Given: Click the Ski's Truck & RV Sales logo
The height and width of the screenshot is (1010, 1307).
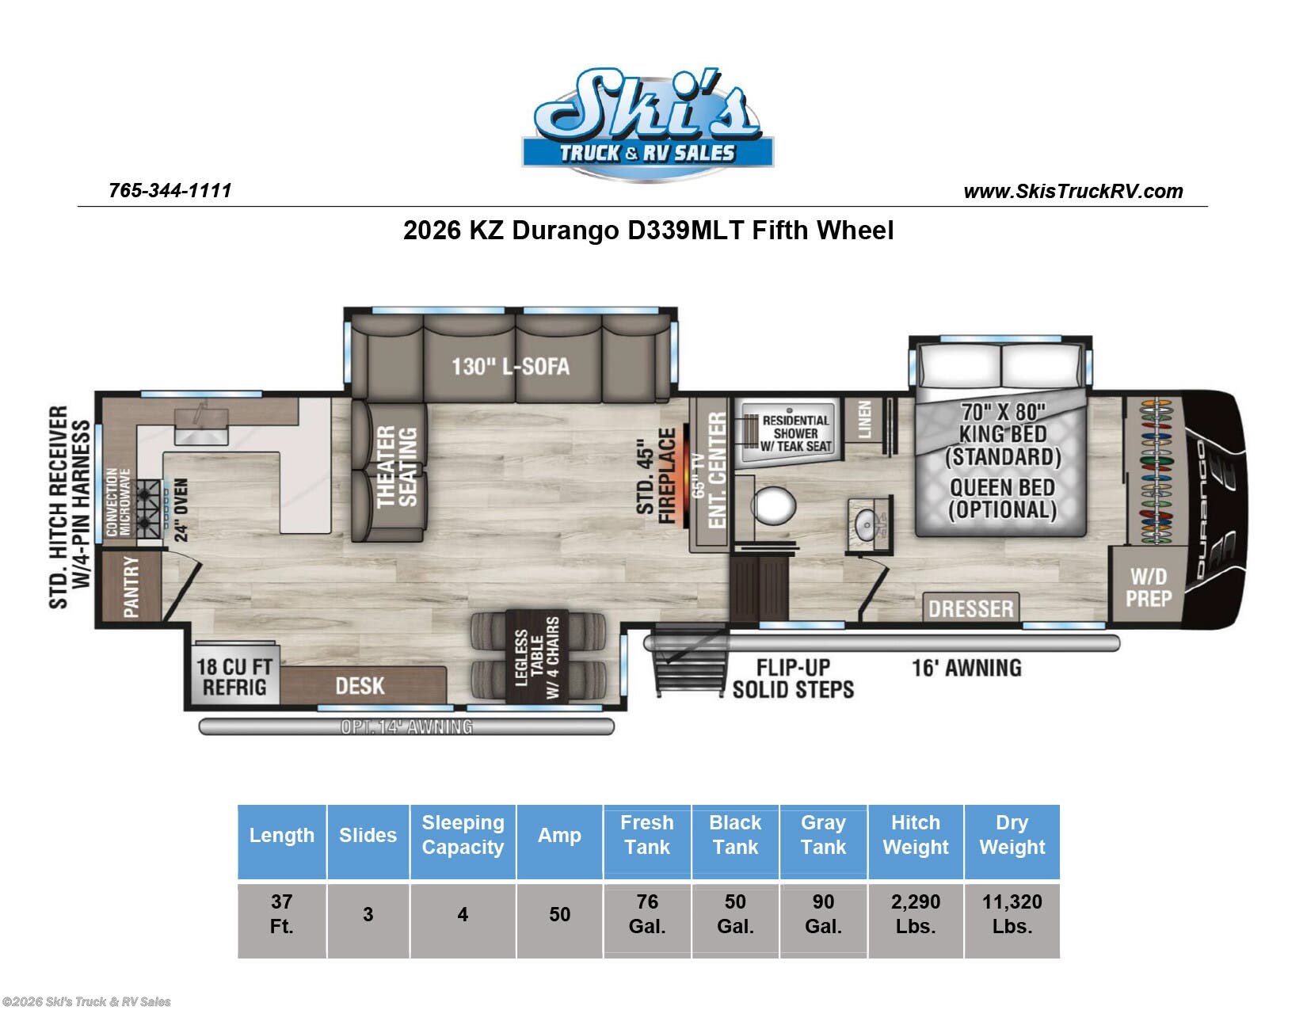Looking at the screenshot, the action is coord(648,124).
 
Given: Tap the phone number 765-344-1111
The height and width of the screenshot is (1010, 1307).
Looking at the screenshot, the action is coord(170,191).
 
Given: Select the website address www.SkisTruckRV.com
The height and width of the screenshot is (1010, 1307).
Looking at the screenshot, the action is coord(1073,191).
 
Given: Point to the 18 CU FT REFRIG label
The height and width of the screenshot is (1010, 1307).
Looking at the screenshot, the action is coord(234,677).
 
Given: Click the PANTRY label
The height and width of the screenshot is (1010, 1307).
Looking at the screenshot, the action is coord(131,586).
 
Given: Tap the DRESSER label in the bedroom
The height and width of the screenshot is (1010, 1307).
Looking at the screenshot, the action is coord(971,608).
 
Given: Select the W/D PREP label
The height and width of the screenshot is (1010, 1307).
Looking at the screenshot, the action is coord(1149,588).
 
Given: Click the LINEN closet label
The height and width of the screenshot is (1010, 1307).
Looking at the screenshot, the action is coord(864,419).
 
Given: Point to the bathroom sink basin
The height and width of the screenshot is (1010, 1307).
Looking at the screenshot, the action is coord(867,519).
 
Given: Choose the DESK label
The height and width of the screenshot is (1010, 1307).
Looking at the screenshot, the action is coord(360,686).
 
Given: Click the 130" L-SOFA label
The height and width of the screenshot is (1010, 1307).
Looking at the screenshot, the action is coord(510,366).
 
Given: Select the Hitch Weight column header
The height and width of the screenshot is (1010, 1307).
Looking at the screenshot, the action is coord(916,835).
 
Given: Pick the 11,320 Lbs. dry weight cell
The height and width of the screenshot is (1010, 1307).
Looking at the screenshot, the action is coord(1012,913).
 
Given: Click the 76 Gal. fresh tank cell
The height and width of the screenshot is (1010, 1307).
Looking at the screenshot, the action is coord(647,913).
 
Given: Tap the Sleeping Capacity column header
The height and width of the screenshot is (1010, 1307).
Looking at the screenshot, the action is coord(463,835).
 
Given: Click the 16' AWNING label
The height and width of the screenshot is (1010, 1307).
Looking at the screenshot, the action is coord(966,669).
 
